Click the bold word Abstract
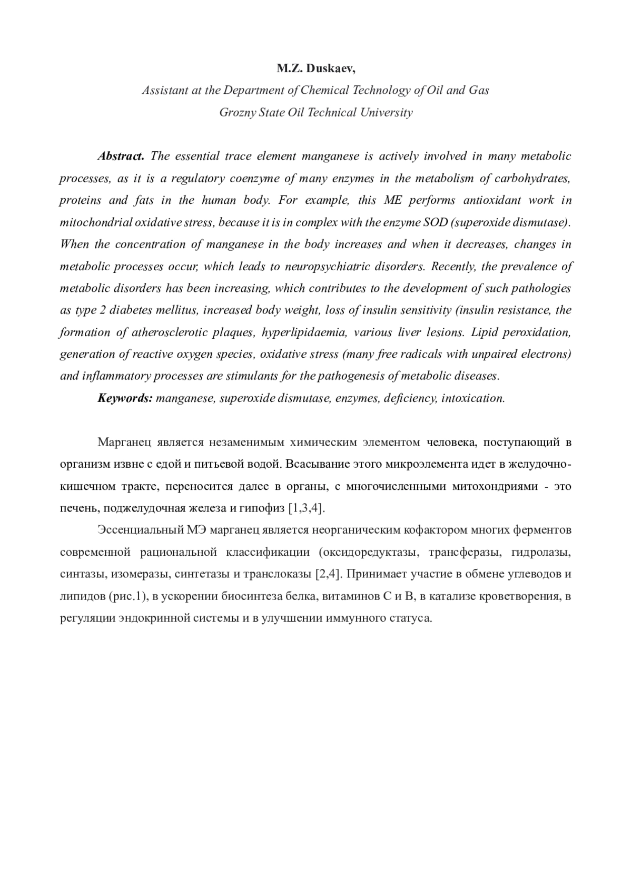(x=121, y=156)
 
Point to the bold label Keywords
(x=125, y=398)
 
